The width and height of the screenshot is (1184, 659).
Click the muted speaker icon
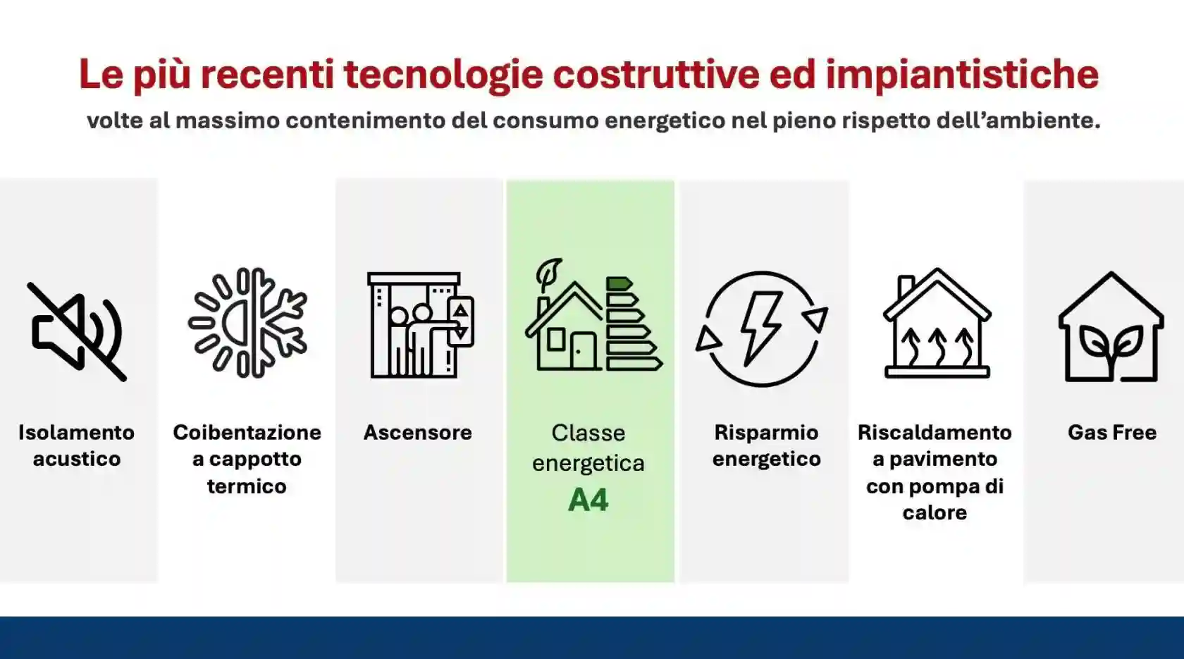point(77,331)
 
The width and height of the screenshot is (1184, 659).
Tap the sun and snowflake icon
point(247,323)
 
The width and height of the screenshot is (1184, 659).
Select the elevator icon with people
point(420,325)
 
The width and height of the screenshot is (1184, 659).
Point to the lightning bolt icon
point(761,328)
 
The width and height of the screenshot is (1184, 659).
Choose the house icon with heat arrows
point(937,324)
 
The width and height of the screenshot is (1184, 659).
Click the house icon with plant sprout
point(1111,328)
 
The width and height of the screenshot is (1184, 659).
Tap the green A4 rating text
point(588,500)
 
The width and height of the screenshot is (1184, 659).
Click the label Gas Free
point(1111,432)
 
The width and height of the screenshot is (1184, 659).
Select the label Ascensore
point(417,432)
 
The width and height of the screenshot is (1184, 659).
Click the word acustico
point(77,459)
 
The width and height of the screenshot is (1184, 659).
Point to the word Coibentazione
point(247,432)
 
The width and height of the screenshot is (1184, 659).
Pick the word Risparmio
point(766,432)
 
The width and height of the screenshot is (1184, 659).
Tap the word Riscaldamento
point(935,432)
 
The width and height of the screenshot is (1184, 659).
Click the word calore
point(935,512)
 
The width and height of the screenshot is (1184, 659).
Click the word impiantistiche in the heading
point(962,74)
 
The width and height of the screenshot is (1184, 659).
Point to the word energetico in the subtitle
point(665,121)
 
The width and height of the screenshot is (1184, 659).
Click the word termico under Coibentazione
point(247,486)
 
